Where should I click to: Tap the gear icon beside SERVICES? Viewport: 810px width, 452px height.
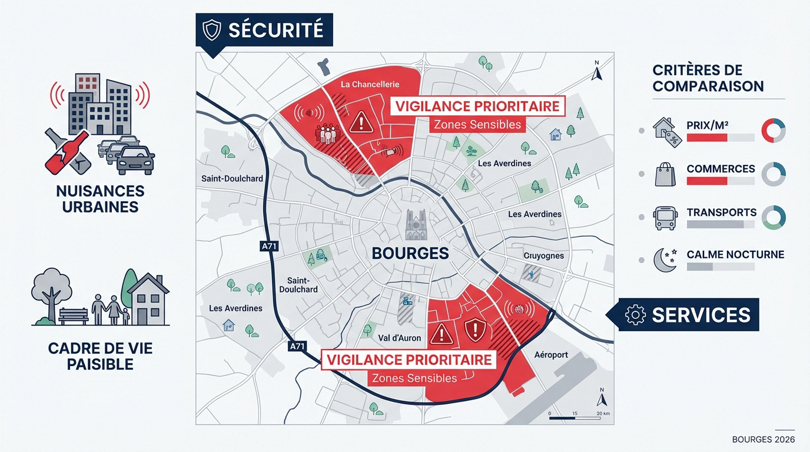coord(635,315)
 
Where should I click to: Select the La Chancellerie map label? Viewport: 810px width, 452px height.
coord(370,85)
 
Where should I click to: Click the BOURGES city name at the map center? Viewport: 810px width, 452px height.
coord(410,254)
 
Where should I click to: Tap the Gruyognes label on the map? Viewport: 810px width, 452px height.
coord(543,256)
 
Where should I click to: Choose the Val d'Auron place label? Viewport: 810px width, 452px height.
coord(399,338)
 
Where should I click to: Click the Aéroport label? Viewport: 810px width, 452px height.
coord(551,355)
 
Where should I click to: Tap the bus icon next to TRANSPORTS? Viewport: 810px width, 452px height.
coord(665,218)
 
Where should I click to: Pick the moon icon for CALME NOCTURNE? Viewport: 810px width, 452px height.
coord(665,260)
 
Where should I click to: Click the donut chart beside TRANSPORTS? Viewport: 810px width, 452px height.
coord(773,217)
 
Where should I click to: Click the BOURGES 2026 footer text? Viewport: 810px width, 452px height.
coord(763,440)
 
